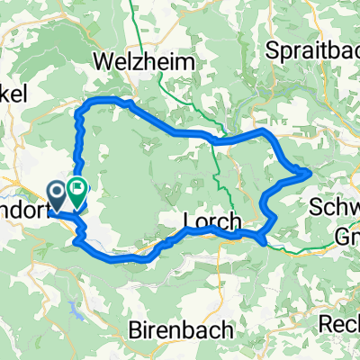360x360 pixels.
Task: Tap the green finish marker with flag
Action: tap(76, 191)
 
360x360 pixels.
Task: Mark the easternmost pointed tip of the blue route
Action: tap(311, 170)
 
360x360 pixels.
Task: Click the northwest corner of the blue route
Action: tap(84, 105)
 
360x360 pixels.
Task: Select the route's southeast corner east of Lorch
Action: tap(261, 241)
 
